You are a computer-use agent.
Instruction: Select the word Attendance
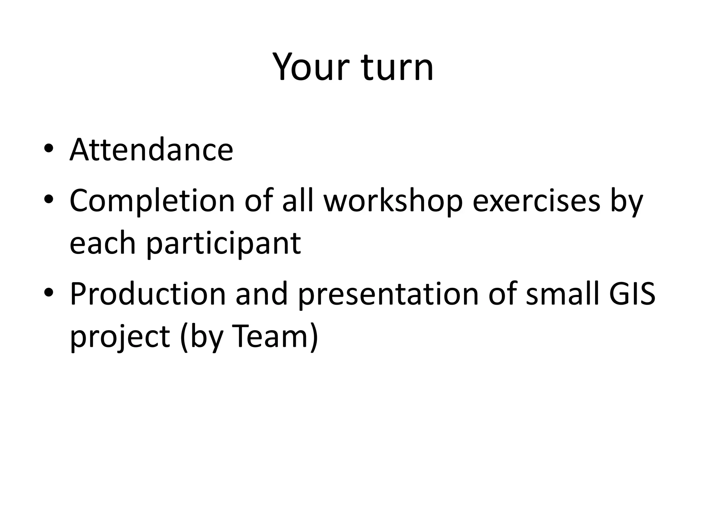click(152, 150)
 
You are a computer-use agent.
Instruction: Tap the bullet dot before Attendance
click(49, 148)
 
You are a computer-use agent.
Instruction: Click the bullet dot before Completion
click(49, 199)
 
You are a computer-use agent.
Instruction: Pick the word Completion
click(152, 201)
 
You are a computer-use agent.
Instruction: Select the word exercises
click(536, 201)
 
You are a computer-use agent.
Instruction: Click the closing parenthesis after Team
click(313, 336)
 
